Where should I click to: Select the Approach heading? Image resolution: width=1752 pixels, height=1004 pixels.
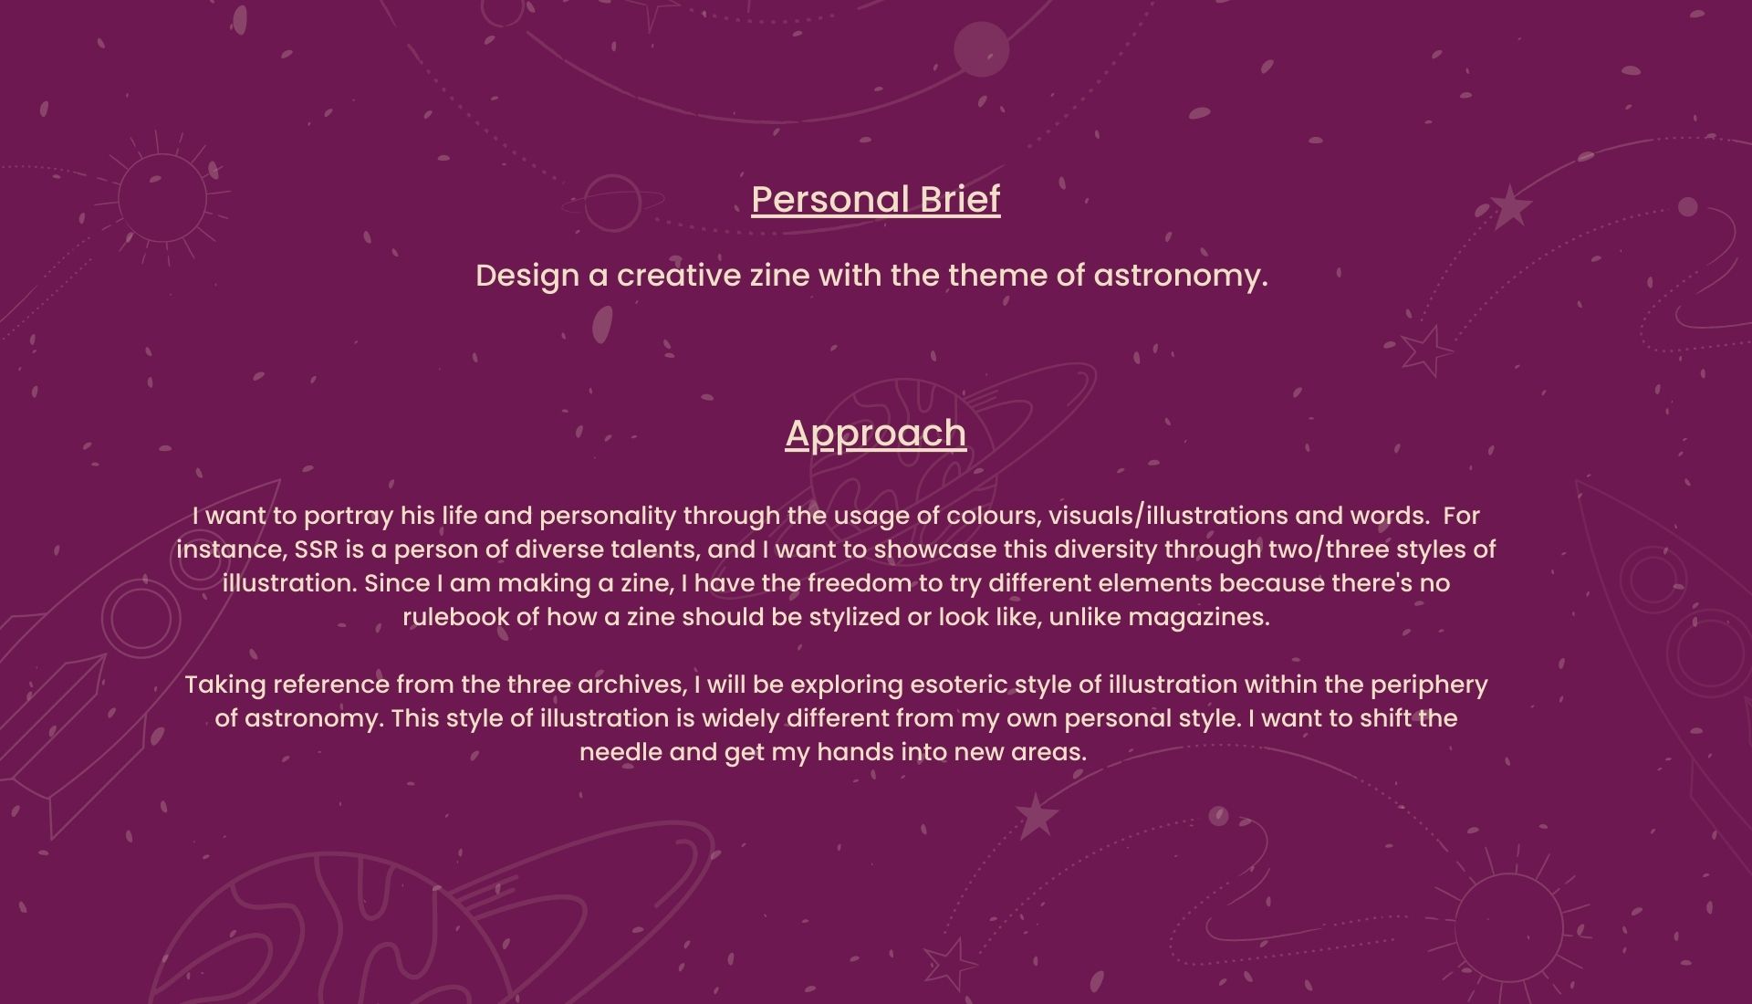pyautogui.click(x=876, y=434)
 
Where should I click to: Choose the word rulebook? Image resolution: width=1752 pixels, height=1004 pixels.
pyautogui.click(x=456, y=617)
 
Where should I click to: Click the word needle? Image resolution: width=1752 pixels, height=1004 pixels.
pyautogui.click(x=621, y=752)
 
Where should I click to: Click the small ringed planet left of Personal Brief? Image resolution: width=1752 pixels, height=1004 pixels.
pyautogui.click(x=613, y=203)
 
